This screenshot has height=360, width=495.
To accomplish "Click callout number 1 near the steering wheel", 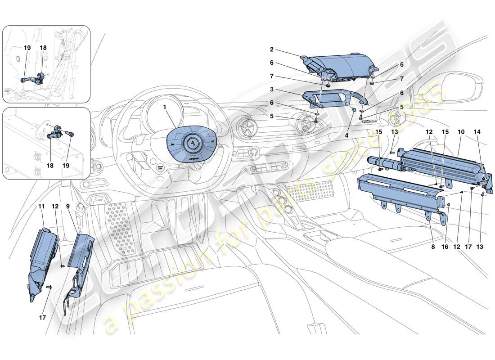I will pyautogui.click(x=164, y=108).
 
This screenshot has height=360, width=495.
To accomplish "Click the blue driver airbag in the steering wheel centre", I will pyautogui.click(x=192, y=145).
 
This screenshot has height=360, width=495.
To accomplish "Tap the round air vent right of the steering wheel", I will pyautogui.click(x=247, y=129).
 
